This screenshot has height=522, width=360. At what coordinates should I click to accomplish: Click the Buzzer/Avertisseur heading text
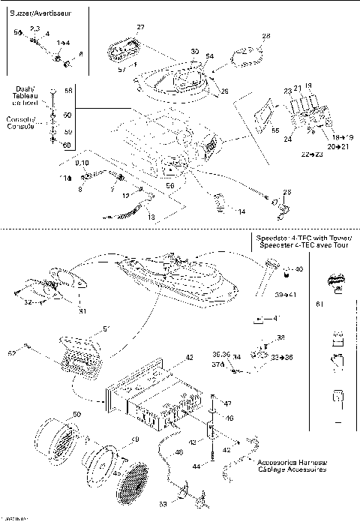tap(44, 13)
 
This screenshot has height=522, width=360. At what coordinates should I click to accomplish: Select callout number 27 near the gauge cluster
tap(140, 28)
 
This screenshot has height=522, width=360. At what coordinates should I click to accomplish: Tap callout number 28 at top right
tap(265, 35)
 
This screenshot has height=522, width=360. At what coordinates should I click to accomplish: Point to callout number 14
tap(241, 212)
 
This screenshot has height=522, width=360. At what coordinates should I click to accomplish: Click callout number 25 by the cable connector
tap(286, 192)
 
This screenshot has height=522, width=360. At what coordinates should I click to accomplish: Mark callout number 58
tap(68, 90)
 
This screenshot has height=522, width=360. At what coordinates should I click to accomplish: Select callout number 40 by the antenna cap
tap(299, 268)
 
